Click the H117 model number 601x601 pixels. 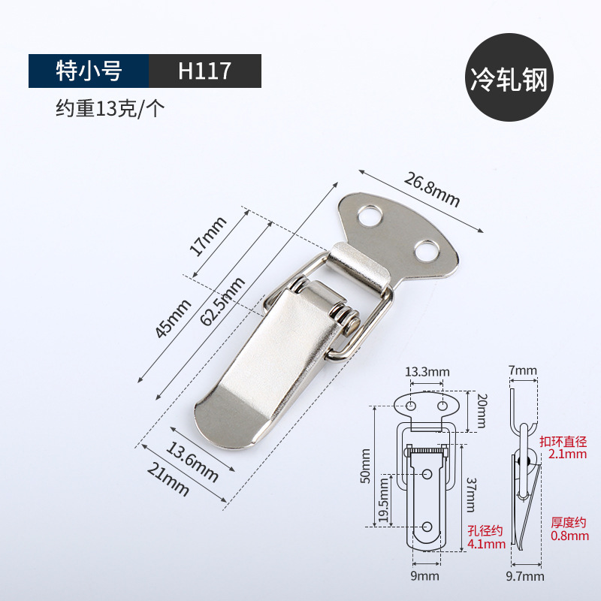(x=204, y=71)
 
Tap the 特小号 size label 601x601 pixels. (x=89, y=71)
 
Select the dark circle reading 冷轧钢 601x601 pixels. (x=509, y=77)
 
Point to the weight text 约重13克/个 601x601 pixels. (x=110, y=108)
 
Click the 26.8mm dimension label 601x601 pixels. (x=432, y=189)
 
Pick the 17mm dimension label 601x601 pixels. (x=208, y=236)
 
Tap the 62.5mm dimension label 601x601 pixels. (x=222, y=301)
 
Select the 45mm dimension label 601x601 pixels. (x=173, y=319)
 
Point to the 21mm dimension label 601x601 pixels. (x=168, y=480)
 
